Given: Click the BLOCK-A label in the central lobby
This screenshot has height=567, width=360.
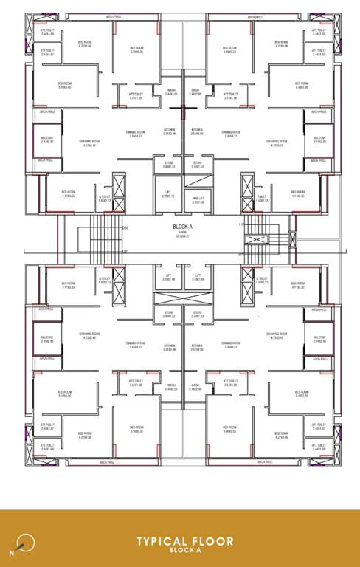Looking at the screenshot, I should coord(181,227).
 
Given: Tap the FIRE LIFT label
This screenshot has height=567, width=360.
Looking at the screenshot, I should coord(198,198).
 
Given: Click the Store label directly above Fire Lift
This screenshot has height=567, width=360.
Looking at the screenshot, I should coord(198,165).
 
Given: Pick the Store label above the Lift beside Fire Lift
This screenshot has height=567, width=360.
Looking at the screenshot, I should coord(169,165).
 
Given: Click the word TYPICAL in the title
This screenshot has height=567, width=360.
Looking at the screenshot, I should coord(162,541).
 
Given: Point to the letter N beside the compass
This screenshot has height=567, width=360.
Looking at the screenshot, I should coord(11,551).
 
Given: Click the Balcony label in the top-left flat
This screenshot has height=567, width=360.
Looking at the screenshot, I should coord(47,140).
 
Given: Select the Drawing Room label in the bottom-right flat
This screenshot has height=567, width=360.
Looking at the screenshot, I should coord(277,336).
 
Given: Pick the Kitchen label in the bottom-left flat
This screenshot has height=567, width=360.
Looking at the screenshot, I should coord(170,347).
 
